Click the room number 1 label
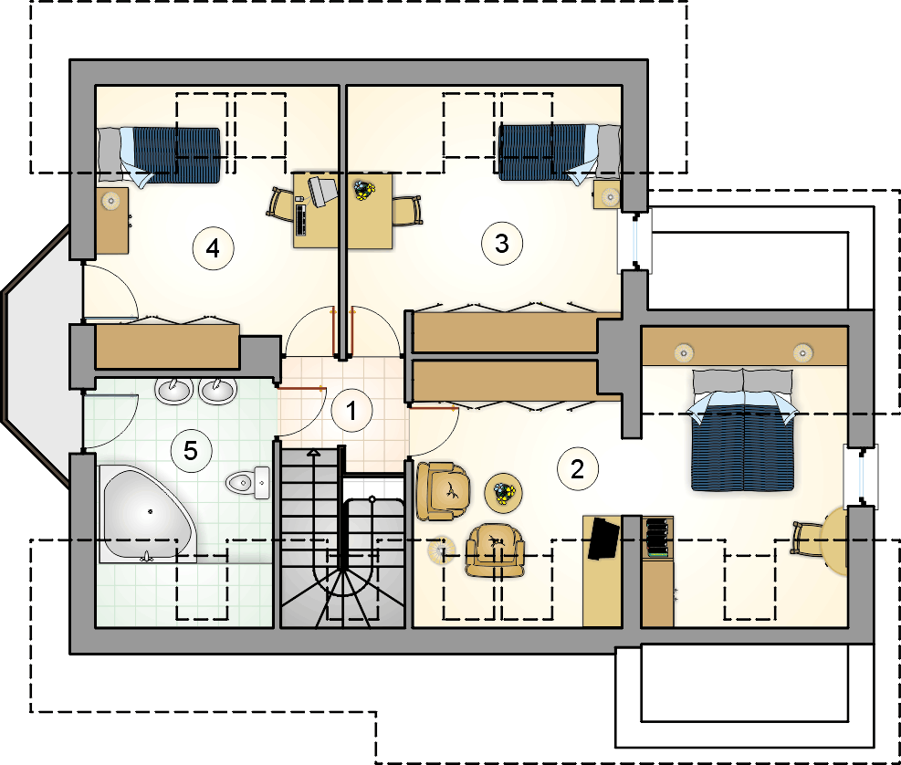coord(351,411)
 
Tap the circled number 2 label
coord(578,469)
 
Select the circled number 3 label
coord(502,244)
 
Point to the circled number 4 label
coord(213,248)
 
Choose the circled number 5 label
coord(191,451)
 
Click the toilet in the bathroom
coord(247,483)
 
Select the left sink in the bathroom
coord(173,390)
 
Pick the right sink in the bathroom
coord(218,390)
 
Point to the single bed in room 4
coord(159,154)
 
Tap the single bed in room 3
coord(560,153)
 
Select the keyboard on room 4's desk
coord(300,218)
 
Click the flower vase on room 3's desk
coord(364,189)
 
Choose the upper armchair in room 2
coord(443,491)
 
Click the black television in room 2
coord(603,539)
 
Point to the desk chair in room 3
coord(407,210)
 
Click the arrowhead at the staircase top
coord(313,453)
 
